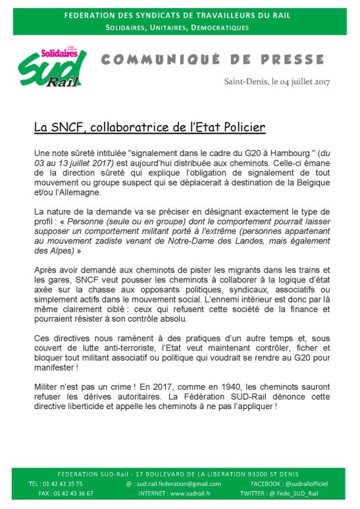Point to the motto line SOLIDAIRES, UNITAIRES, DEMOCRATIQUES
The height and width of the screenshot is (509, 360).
point(179,28)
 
